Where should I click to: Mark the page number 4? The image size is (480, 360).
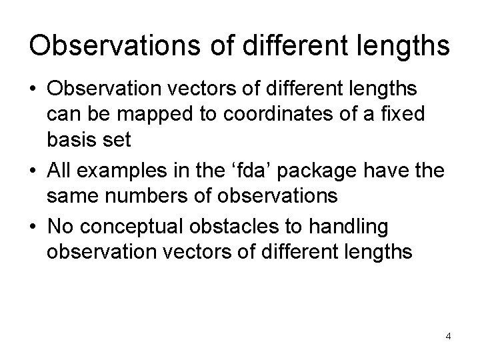[x=449, y=335]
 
